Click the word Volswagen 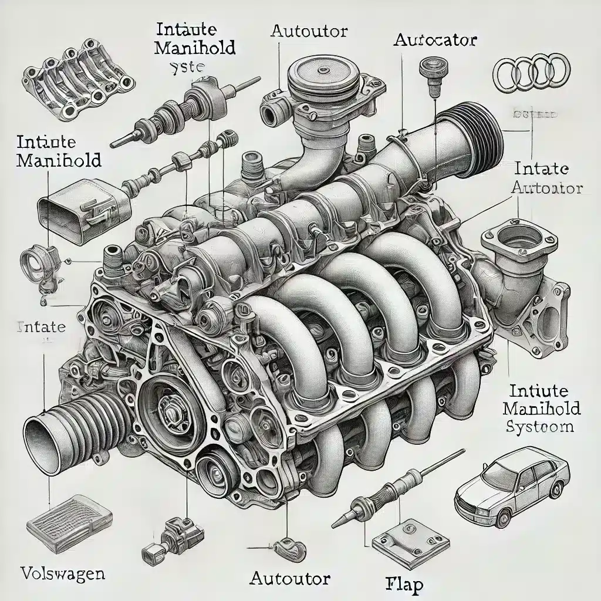coord(63,572)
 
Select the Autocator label coord(435,41)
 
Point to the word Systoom coord(539,426)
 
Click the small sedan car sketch coord(512,487)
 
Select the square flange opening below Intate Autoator coord(518,242)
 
